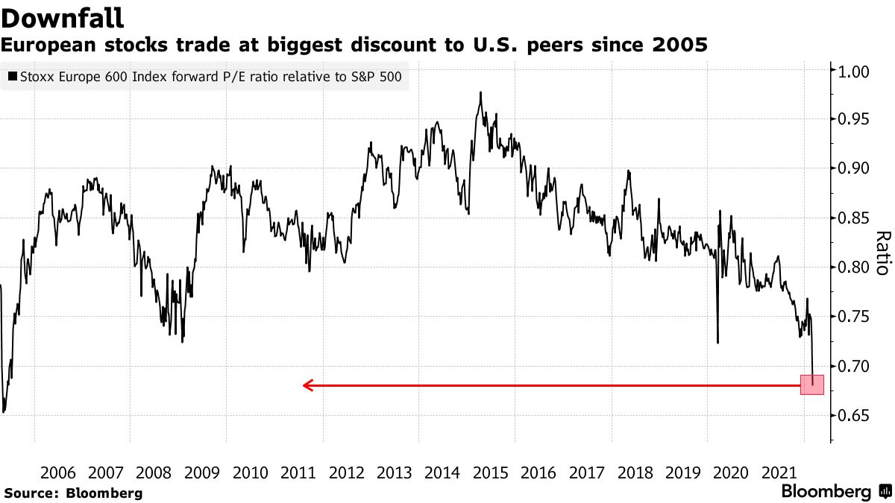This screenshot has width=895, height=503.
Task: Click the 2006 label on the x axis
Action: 58,473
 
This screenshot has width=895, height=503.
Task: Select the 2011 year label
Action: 298,473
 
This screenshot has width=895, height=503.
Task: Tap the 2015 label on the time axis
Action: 491,473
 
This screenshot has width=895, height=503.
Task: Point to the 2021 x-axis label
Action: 779,473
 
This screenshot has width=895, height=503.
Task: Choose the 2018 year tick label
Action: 635,473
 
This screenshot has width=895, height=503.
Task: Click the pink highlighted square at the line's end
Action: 812,385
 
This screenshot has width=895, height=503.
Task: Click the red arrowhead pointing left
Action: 307,385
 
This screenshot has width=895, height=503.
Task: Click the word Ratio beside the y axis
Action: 882,253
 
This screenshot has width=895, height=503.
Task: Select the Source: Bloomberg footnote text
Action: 73,493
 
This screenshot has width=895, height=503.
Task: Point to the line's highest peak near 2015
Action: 480,92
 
